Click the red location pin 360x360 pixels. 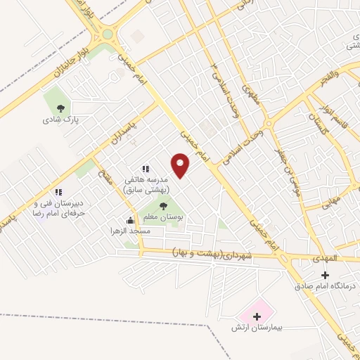tap(181, 165)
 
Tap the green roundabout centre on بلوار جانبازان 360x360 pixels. tap(107, 34)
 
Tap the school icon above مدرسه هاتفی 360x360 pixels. tap(146, 169)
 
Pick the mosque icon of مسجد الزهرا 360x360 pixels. tap(129, 219)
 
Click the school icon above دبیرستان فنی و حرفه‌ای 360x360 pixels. tap(59, 191)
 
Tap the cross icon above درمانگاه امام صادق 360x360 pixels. tap(324, 275)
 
